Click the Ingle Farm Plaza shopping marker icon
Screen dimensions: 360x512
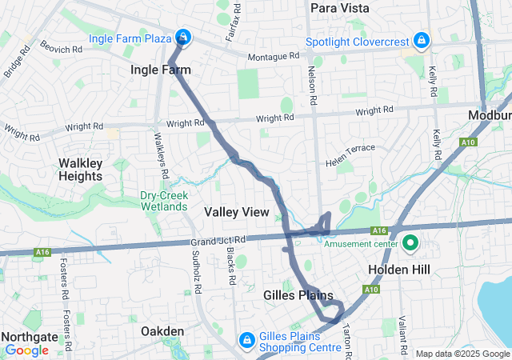[x=183, y=38]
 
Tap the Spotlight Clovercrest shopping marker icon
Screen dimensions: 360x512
[x=421, y=40]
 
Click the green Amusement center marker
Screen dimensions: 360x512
[x=411, y=242]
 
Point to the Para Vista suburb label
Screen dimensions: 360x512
[x=340, y=8]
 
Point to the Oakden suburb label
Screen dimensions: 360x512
[x=163, y=331]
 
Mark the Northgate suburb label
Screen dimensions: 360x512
[x=26, y=337]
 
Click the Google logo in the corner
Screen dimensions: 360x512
[x=26, y=350]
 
